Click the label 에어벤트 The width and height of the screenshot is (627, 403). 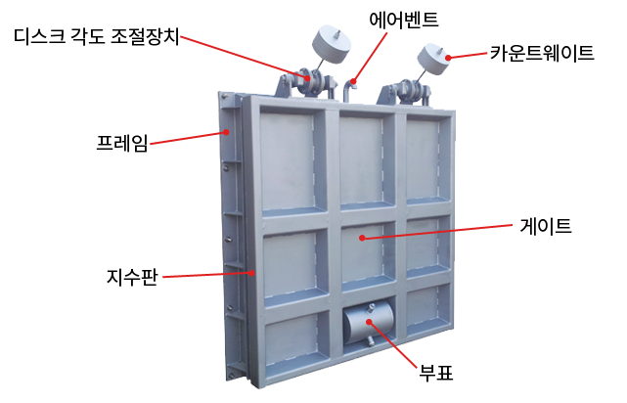coord(403,20)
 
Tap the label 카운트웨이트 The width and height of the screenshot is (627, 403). coord(542,53)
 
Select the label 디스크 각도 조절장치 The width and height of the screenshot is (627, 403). coord(97,36)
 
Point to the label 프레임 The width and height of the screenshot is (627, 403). coord(122,143)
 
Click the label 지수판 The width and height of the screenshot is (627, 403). coord(132,277)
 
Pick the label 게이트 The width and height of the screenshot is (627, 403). coord(546,226)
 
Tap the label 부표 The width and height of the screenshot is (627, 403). coord(436,373)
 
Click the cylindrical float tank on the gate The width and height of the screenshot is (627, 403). coord(369,323)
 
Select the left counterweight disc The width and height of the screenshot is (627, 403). coord(331,44)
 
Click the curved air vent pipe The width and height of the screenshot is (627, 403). coord(349,90)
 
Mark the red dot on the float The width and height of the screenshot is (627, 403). coord(369,322)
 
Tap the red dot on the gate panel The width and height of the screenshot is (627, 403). coord(362,238)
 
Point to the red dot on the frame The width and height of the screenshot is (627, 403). coord(226,131)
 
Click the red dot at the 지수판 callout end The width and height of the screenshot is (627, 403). coord(251,273)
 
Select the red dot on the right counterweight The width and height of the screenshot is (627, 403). coord(448,58)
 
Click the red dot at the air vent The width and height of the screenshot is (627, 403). coord(353,81)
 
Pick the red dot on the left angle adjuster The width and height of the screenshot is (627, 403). coord(307,78)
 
